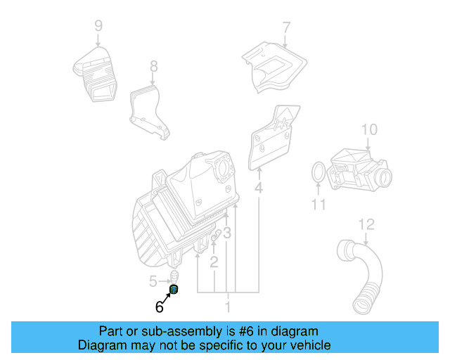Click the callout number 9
coord(98,26)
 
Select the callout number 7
coord(286,28)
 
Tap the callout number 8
coord(153,67)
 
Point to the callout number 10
coord(370,129)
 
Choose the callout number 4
coord(259,188)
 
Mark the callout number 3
coord(227,233)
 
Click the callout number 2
coord(214,262)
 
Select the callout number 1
coord(227,307)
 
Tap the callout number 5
coord(154,282)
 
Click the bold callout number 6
coord(159,307)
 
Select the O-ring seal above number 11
coord(318,172)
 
